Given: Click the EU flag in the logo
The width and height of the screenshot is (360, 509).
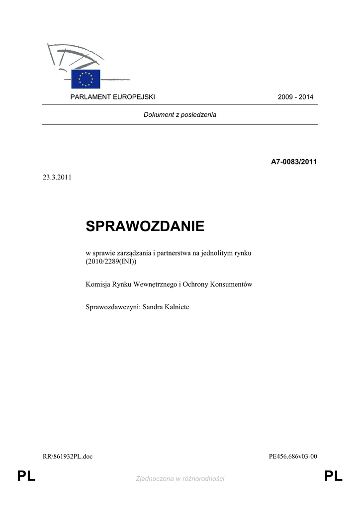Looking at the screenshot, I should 86,79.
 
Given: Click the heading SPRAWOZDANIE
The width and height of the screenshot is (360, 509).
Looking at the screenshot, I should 145,227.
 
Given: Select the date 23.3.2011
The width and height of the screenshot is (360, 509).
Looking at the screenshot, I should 57,177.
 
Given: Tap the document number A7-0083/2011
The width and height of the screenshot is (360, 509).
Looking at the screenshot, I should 294,162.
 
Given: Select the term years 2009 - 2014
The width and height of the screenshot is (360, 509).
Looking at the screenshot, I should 295,97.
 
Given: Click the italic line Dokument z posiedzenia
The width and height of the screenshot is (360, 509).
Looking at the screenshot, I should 180,115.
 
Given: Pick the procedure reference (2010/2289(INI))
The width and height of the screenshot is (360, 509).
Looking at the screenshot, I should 111,261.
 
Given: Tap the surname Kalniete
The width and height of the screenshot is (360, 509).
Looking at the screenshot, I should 174,307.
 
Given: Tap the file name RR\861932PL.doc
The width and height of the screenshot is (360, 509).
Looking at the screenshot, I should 68,456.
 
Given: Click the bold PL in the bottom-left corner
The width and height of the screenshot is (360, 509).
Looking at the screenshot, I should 26,477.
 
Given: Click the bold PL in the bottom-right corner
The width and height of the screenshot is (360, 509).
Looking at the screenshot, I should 333,477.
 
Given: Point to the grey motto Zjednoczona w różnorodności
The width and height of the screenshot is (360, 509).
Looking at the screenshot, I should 180,479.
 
